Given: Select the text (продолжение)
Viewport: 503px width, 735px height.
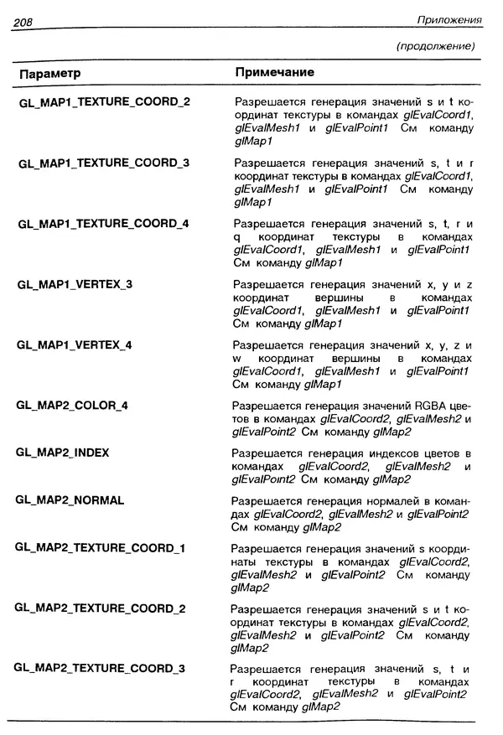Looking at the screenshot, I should (x=435, y=45).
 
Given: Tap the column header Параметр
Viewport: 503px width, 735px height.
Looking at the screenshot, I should (x=49, y=74).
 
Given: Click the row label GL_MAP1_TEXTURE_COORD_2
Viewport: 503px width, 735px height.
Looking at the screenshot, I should (x=103, y=102).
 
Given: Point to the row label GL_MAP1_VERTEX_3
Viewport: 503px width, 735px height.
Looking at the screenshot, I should (x=75, y=284).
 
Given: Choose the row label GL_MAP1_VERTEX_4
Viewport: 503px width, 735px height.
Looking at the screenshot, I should (x=75, y=345).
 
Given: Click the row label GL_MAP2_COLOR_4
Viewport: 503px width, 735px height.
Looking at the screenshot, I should (x=72, y=406).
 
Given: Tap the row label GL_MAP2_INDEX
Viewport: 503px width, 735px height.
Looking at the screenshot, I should (x=63, y=453).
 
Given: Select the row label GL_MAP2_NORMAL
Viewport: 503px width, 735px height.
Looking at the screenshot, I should (x=70, y=500).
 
